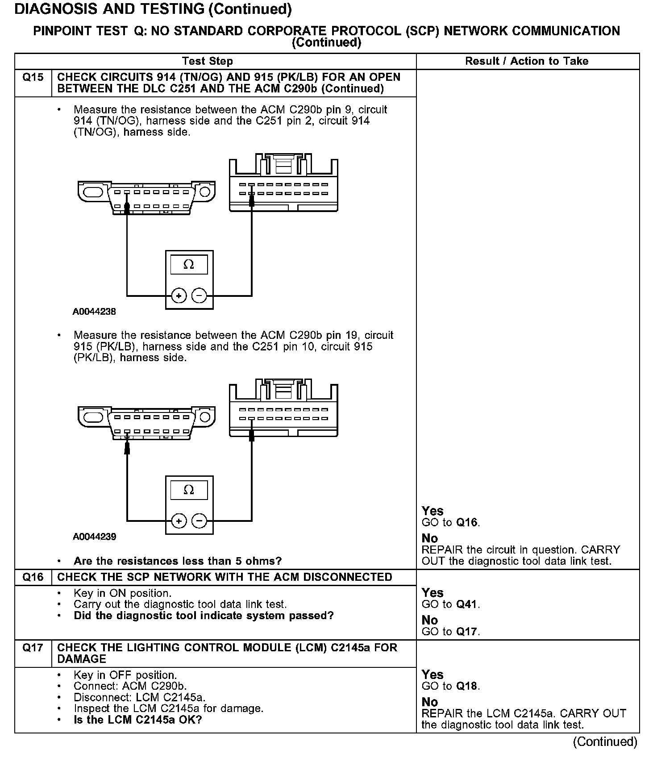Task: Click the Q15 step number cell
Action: click(33, 78)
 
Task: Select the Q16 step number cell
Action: click(33, 577)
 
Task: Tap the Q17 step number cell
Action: click(33, 648)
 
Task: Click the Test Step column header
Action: click(207, 61)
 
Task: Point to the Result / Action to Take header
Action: click(527, 61)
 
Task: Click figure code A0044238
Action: click(94, 312)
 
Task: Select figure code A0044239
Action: click(94, 537)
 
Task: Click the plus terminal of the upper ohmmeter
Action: click(179, 296)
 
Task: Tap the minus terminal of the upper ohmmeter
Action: click(199, 296)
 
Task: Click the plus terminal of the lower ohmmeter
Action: click(179, 521)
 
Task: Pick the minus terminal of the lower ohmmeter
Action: click(199, 521)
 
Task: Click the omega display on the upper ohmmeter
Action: click(189, 265)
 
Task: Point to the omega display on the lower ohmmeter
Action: click(189, 490)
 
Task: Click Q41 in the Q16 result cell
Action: click(467, 604)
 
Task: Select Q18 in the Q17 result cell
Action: click(467, 686)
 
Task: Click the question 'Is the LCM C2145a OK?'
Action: click(138, 720)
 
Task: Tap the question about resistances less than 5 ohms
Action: click(178, 561)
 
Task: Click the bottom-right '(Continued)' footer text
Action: click(605, 741)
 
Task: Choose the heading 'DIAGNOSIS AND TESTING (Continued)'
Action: click(153, 9)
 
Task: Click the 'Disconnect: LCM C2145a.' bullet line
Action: click(139, 697)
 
